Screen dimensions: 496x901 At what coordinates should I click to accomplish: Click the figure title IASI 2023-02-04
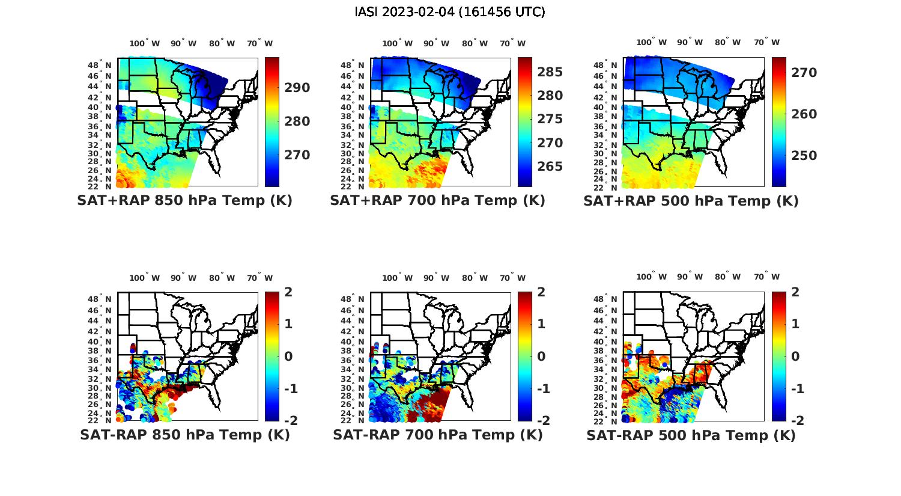pos(450,12)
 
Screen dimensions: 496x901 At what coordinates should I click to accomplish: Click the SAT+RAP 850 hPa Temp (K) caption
pos(184,200)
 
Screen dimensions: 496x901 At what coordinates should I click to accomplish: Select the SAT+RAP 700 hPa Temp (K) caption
pos(437,200)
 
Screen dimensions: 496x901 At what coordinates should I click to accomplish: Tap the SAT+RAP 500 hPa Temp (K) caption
pos(691,201)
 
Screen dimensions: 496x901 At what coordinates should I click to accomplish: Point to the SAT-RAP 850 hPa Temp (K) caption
pos(184,435)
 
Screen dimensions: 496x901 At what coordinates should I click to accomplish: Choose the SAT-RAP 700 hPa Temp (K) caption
pos(437,435)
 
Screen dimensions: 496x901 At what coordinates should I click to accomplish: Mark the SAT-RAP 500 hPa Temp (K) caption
pos(691,435)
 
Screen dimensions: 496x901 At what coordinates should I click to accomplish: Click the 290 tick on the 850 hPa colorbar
pos(297,88)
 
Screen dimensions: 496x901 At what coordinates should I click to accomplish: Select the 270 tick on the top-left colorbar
pos(297,155)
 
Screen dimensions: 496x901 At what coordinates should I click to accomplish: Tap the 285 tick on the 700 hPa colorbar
pos(550,72)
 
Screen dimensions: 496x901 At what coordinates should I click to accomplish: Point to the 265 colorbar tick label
pos(550,167)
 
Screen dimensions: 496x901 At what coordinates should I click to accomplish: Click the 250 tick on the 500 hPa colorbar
pos(804,156)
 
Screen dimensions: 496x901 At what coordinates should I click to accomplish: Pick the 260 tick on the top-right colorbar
pos(804,114)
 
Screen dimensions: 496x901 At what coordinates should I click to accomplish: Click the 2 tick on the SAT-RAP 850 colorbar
pos(288,292)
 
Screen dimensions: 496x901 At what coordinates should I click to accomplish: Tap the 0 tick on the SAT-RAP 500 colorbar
pos(795,357)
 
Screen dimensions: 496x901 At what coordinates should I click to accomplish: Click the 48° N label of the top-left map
pos(100,65)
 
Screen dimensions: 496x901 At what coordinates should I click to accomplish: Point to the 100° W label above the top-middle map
pos(397,43)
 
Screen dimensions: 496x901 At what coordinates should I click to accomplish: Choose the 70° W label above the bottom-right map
pos(767,277)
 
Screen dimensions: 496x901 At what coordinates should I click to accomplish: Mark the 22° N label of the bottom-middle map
pos(353,420)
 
